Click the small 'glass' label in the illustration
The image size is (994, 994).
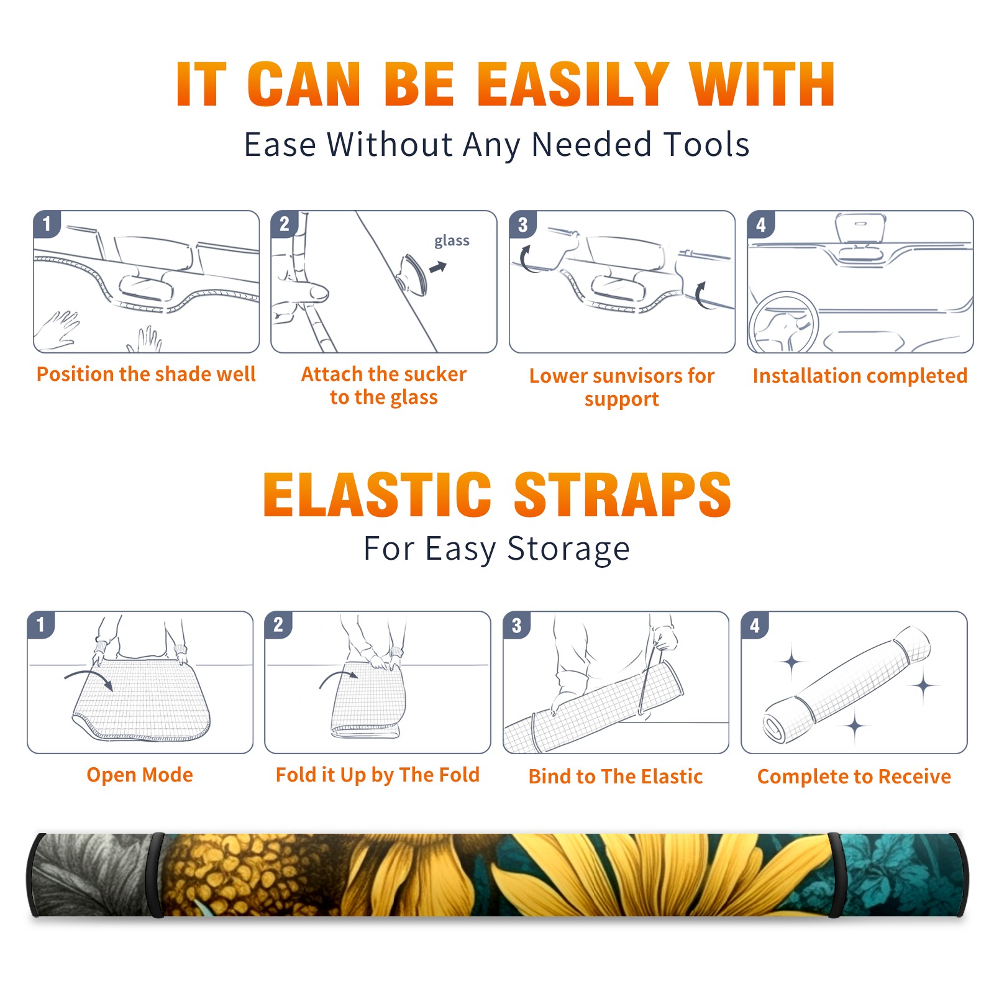pos(452,241)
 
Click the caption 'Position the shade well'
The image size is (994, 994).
pos(146,374)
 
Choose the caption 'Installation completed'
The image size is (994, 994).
pos(860,376)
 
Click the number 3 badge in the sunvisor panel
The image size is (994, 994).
pos(522,224)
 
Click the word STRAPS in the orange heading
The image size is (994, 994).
pos(622,495)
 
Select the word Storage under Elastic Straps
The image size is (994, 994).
pos(568,549)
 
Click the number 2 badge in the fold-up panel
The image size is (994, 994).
pos(278,624)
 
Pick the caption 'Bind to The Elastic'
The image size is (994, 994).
pos(616,777)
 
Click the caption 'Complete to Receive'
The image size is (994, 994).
pos(854,777)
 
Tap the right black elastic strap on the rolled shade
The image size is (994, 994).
pos(835,875)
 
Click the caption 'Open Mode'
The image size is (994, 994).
pos(140,775)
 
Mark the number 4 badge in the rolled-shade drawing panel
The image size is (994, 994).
pos(755,625)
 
